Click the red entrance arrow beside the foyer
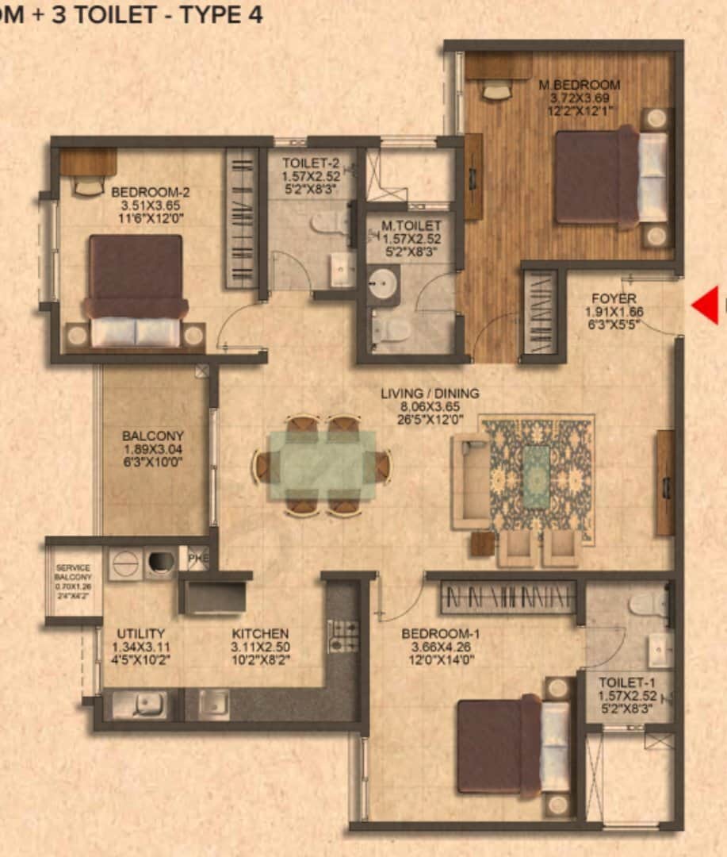click(x=705, y=306)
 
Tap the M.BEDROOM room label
click(x=580, y=85)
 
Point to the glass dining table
click(x=323, y=465)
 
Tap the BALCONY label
click(x=153, y=436)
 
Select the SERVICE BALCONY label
click(x=73, y=573)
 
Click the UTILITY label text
click(x=141, y=633)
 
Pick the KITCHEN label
click(x=260, y=633)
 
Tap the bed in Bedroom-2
click(x=136, y=290)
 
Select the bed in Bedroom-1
click(x=512, y=746)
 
